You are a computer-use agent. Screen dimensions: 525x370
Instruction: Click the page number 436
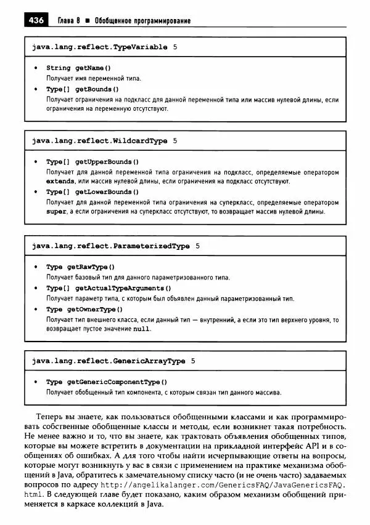(x=36, y=20)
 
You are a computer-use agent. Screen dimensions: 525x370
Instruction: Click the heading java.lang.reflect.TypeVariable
(x=99, y=47)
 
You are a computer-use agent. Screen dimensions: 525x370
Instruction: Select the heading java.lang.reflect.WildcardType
(x=99, y=141)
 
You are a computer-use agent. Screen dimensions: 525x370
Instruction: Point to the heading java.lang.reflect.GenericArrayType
(x=109, y=361)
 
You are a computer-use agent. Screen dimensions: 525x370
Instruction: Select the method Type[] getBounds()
(x=82, y=89)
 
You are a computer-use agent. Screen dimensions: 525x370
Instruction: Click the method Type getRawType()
(x=81, y=267)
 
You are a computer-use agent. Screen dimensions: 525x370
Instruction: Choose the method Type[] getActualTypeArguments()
(x=109, y=288)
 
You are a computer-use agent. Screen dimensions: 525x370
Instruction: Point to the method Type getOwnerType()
(x=84, y=310)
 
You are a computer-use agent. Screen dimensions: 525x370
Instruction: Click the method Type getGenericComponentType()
(x=107, y=382)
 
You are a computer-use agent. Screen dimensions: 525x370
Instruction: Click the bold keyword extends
(x=60, y=182)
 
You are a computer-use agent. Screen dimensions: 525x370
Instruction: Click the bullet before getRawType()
(x=36, y=267)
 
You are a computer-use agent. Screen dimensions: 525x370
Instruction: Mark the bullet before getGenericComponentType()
(x=36, y=382)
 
